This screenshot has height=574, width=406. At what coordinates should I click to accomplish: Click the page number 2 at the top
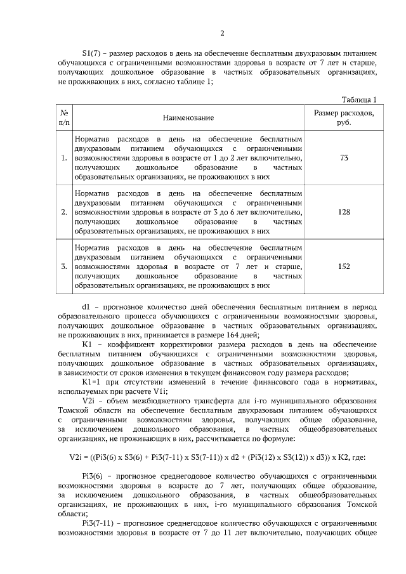[222, 34]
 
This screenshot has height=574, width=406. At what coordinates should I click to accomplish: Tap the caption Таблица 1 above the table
[359, 100]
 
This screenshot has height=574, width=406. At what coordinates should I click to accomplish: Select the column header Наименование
[188, 118]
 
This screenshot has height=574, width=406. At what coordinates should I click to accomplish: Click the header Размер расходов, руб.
[344, 117]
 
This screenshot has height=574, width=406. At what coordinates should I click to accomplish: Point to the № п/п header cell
[64, 117]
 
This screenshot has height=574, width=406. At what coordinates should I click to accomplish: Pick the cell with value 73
[344, 157]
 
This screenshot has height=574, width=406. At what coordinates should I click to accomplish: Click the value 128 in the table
[344, 212]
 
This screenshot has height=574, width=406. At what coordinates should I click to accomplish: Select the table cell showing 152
[344, 266]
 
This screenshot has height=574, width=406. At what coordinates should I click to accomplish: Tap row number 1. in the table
[64, 157]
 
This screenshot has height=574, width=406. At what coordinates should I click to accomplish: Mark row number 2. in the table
[64, 212]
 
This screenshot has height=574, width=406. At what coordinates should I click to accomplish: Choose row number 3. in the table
[64, 266]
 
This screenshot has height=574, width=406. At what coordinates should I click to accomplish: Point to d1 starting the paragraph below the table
[86, 306]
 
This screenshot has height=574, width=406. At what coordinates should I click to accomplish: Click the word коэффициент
[128, 344]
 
